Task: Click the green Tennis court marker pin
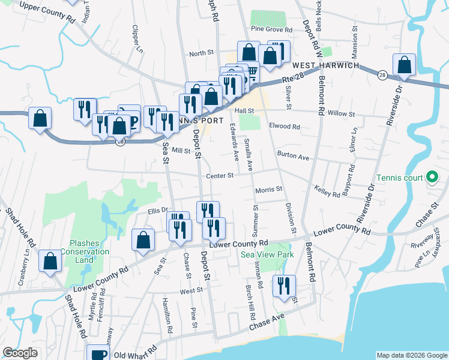click(431, 177)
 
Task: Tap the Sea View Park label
click(267, 254)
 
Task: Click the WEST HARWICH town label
click(325, 65)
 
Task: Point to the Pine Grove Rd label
click(272, 29)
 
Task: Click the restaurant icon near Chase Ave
click(283, 286)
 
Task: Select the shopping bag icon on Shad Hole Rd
click(50, 261)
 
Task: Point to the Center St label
click(219, 176)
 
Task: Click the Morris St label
click(268, 190)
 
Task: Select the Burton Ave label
click(293, 157)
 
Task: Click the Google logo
click(20, 353)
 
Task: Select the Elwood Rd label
click(285, 127)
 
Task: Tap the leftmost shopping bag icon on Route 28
click(40, 118)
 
